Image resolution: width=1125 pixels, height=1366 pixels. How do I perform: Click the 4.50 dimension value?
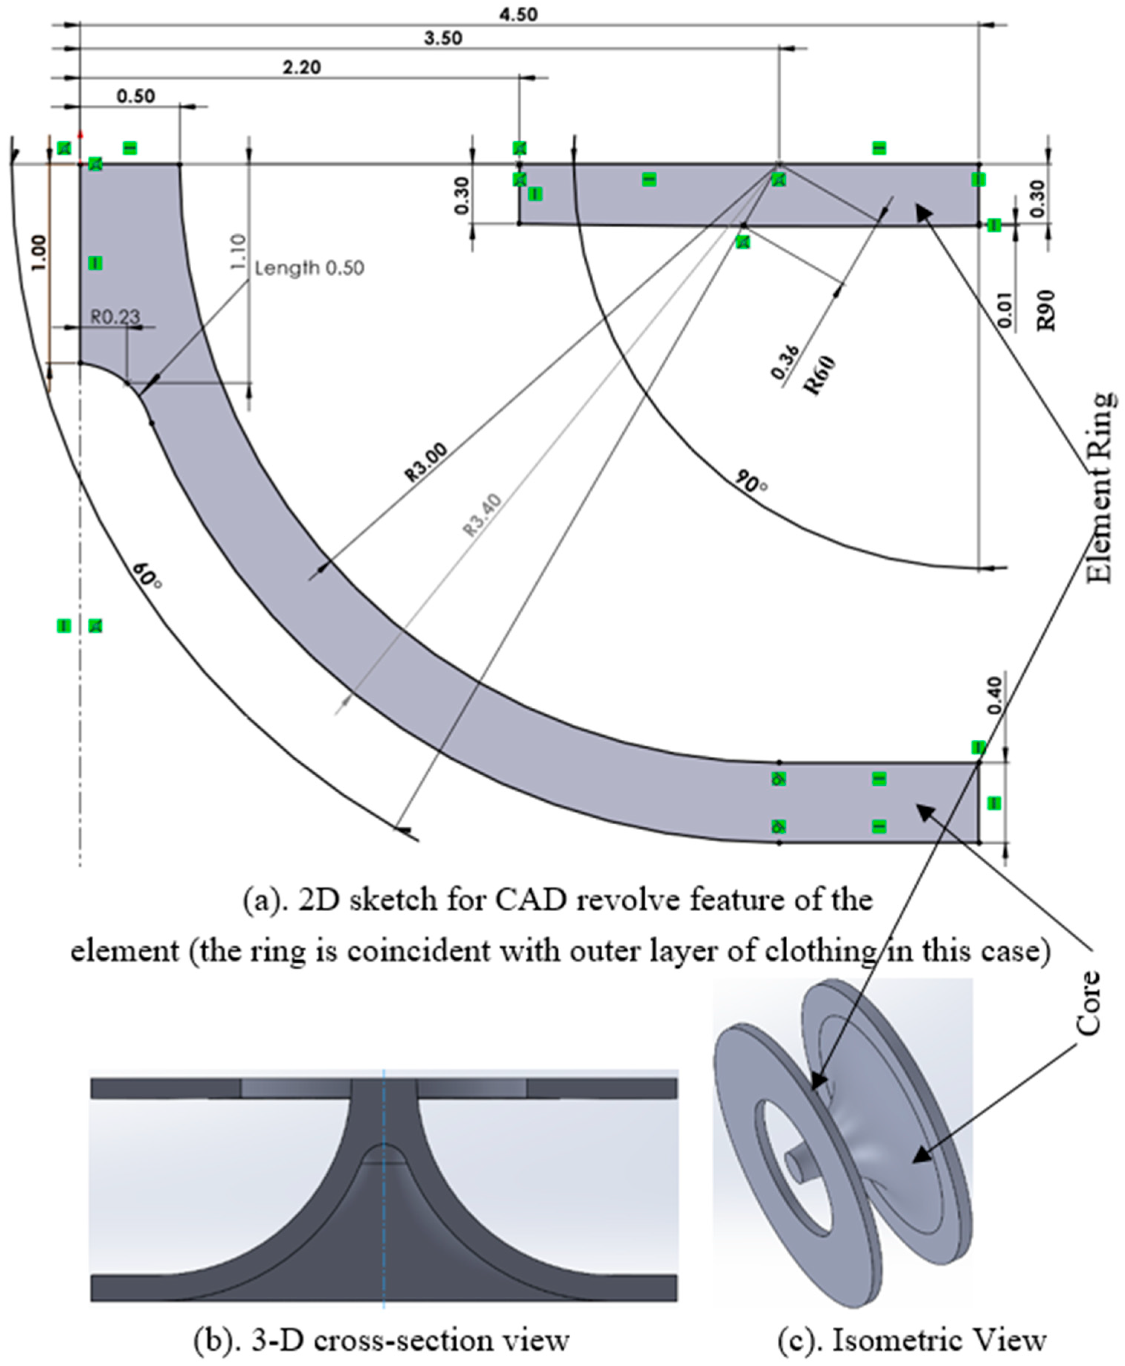[x=518, y=14]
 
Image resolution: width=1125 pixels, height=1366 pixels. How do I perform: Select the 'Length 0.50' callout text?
[x=309, y=267]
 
